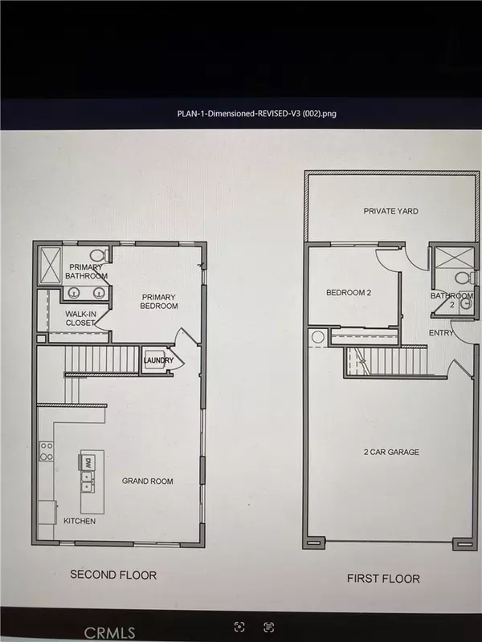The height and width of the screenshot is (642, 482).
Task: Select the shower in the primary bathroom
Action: pos(51,263)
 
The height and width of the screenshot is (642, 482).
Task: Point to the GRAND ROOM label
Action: pos(148,481)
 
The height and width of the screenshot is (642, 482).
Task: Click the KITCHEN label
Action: pos(80,521)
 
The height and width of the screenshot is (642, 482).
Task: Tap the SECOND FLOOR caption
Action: pos(113,575)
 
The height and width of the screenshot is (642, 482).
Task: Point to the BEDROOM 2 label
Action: pos(348,294)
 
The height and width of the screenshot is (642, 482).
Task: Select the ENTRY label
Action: pos(442,333)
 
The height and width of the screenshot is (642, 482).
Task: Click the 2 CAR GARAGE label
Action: pos(390,452)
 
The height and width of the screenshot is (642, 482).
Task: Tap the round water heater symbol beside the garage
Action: pos(317,338)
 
